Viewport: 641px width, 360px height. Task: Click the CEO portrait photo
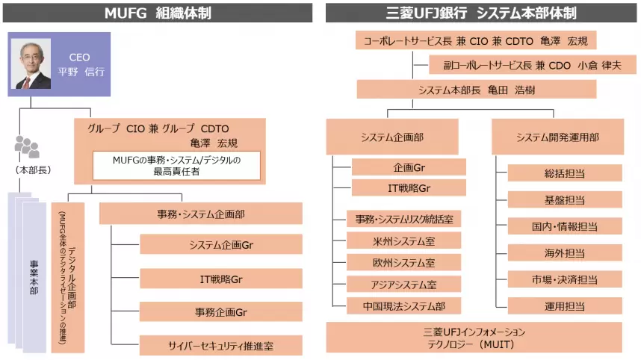point(31,63)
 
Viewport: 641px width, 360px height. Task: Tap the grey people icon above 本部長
point(27,146)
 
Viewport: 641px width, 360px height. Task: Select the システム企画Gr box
point(220,244)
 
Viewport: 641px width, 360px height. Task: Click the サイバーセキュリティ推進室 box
point(220,346)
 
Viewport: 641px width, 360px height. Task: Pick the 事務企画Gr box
point(220,311)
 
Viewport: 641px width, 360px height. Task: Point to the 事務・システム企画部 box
point(201,214)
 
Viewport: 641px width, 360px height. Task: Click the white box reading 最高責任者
point(176,166)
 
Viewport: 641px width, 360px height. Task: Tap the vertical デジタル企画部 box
point(68,277)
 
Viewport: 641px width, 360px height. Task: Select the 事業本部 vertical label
point(34,277)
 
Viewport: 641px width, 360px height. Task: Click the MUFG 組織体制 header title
point(158,13)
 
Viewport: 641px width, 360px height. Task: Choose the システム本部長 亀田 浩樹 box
point(476,90)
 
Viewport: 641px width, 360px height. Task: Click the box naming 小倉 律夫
point(533,65)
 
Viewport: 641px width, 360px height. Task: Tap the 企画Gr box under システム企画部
point(409,167)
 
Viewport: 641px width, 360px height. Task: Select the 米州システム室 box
point(404,240)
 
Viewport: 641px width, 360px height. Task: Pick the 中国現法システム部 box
point(404,306)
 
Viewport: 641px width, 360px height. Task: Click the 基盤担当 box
point(565,200)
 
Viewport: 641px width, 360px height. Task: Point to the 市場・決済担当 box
point(565,279)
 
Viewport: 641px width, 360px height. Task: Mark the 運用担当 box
point(565,306)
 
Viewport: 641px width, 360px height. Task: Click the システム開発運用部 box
point(557,137)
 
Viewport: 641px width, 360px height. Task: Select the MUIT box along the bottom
point(474,338)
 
